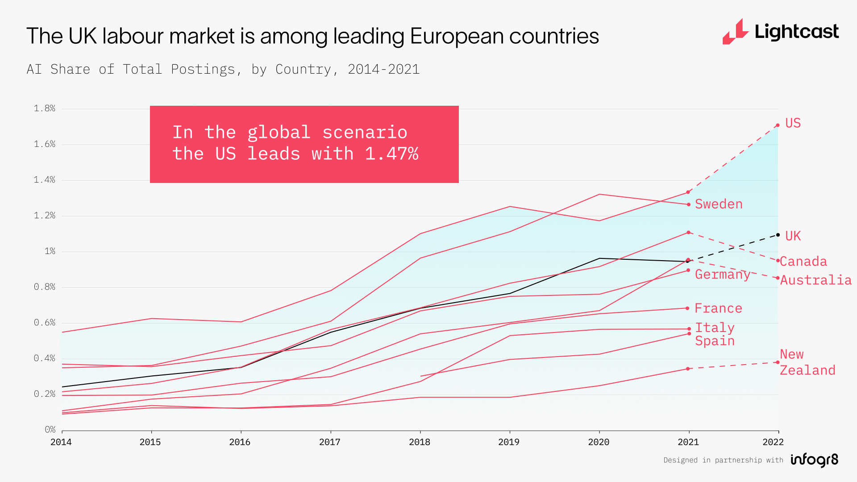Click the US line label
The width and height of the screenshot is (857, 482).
[x=793, y=123]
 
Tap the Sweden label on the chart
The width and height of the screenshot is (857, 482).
[x=719, y=204]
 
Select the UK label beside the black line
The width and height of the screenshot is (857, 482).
[x=793, y=236]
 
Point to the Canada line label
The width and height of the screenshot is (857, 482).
[x=803, y=262]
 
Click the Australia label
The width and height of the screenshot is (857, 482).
[x=815, y=280]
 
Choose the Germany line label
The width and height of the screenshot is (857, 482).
[x=722, y=274]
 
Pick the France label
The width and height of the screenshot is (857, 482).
[x=718, y=308]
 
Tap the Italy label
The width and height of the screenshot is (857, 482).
[x=715, y=328]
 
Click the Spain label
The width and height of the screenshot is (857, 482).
[x=715, y=341]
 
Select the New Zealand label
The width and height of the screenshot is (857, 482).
[x=807, y=362]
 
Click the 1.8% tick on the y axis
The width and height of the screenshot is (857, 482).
[x=45, y=108]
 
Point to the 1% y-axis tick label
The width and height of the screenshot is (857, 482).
[x=50, y=251]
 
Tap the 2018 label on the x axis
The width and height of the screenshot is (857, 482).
[x=420, y=442]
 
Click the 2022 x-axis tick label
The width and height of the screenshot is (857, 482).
[x=773, y=442]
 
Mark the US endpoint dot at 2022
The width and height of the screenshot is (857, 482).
[x=778, y=125]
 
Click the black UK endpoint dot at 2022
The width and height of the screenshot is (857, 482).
[x=778, y=235]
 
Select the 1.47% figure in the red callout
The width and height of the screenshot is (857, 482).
[x=391, y=154]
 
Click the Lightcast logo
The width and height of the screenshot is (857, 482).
[x=780, y=32]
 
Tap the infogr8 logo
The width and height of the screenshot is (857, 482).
[x=815, y=460]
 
